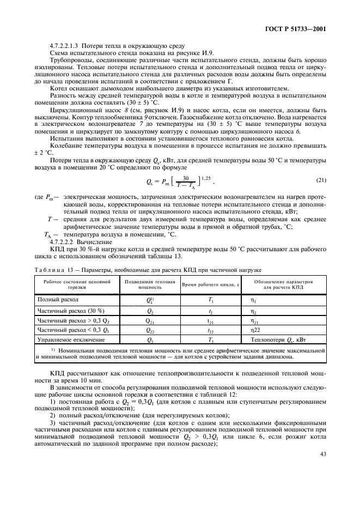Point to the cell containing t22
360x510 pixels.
click(210, 329)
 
